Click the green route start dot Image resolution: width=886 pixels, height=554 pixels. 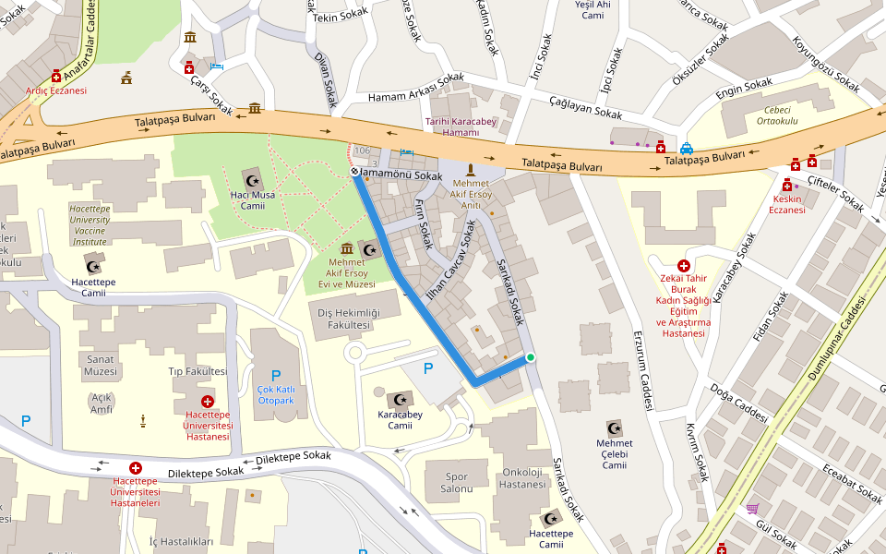point(530,358)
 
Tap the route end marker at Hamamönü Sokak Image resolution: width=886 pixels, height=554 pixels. point(354,173)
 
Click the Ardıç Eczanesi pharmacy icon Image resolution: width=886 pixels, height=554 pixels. point(56,76)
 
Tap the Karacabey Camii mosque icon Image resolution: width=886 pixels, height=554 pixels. point(399,399)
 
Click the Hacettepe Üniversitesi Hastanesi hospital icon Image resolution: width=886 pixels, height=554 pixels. point(207,402)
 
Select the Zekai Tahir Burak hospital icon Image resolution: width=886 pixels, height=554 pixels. point(683,265)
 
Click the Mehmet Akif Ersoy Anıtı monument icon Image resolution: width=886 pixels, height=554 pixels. point(471,169)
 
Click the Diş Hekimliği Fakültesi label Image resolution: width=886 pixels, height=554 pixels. point(342,319)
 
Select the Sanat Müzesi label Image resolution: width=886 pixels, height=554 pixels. point(102,365)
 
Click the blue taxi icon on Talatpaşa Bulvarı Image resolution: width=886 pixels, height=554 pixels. point(687,148)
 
